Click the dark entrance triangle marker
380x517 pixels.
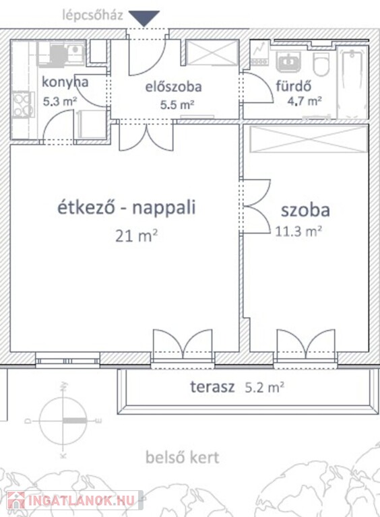point(144,18)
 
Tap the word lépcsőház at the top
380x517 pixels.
point(92,15)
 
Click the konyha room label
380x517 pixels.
point(65,81)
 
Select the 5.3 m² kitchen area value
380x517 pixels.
point(60,101)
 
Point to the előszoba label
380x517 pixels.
point(174,87)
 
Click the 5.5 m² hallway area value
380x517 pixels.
point(177,105)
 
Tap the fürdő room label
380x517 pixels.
point(294,85)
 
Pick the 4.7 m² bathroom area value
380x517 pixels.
point(304,101)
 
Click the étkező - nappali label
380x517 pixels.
point(127,207)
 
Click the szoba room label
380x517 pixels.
point(305,210)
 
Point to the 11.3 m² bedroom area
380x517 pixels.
point(298,232)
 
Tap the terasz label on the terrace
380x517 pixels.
point(212,387)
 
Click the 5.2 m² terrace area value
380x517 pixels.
point(265,388)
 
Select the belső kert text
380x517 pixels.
point(183,457)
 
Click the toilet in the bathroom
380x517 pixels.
point(321,64)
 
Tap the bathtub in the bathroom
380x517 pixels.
point(352,82)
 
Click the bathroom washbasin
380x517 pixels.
point(288,62)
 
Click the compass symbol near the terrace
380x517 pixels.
point(63,421)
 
